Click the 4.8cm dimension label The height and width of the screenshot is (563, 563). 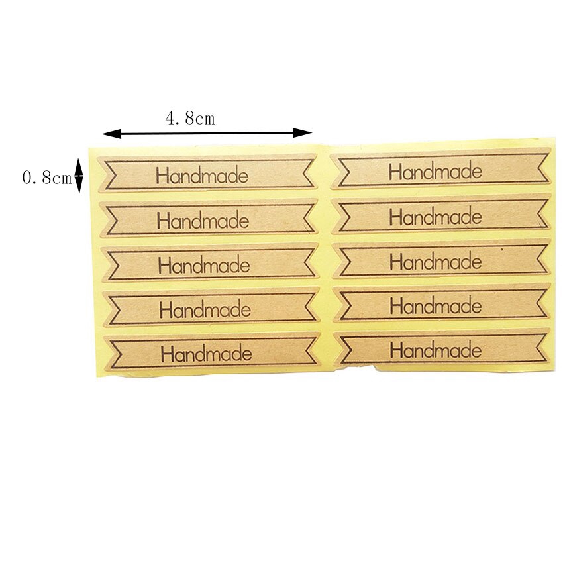[190, 119]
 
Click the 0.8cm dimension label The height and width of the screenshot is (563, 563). [46, 178]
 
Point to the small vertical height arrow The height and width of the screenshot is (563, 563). [78, 175]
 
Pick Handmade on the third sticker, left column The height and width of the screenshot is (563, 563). [204, 265]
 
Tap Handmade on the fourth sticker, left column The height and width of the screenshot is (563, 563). [205, 309]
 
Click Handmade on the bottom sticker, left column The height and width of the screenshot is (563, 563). [206, 352]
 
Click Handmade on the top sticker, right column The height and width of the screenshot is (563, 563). [435, 172]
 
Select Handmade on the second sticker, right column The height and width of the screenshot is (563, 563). [435, 217]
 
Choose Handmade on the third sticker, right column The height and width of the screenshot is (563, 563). [435, 261]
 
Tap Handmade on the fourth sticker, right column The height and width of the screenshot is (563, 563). [435, 305]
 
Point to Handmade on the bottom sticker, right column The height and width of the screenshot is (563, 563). [435, 349]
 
